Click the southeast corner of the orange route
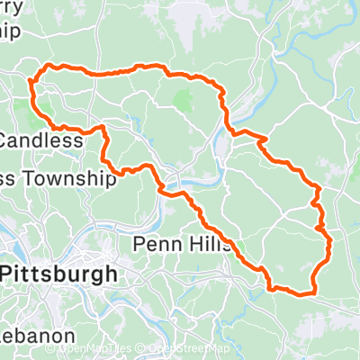312,291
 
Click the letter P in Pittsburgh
10,274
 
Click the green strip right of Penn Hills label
240,243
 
